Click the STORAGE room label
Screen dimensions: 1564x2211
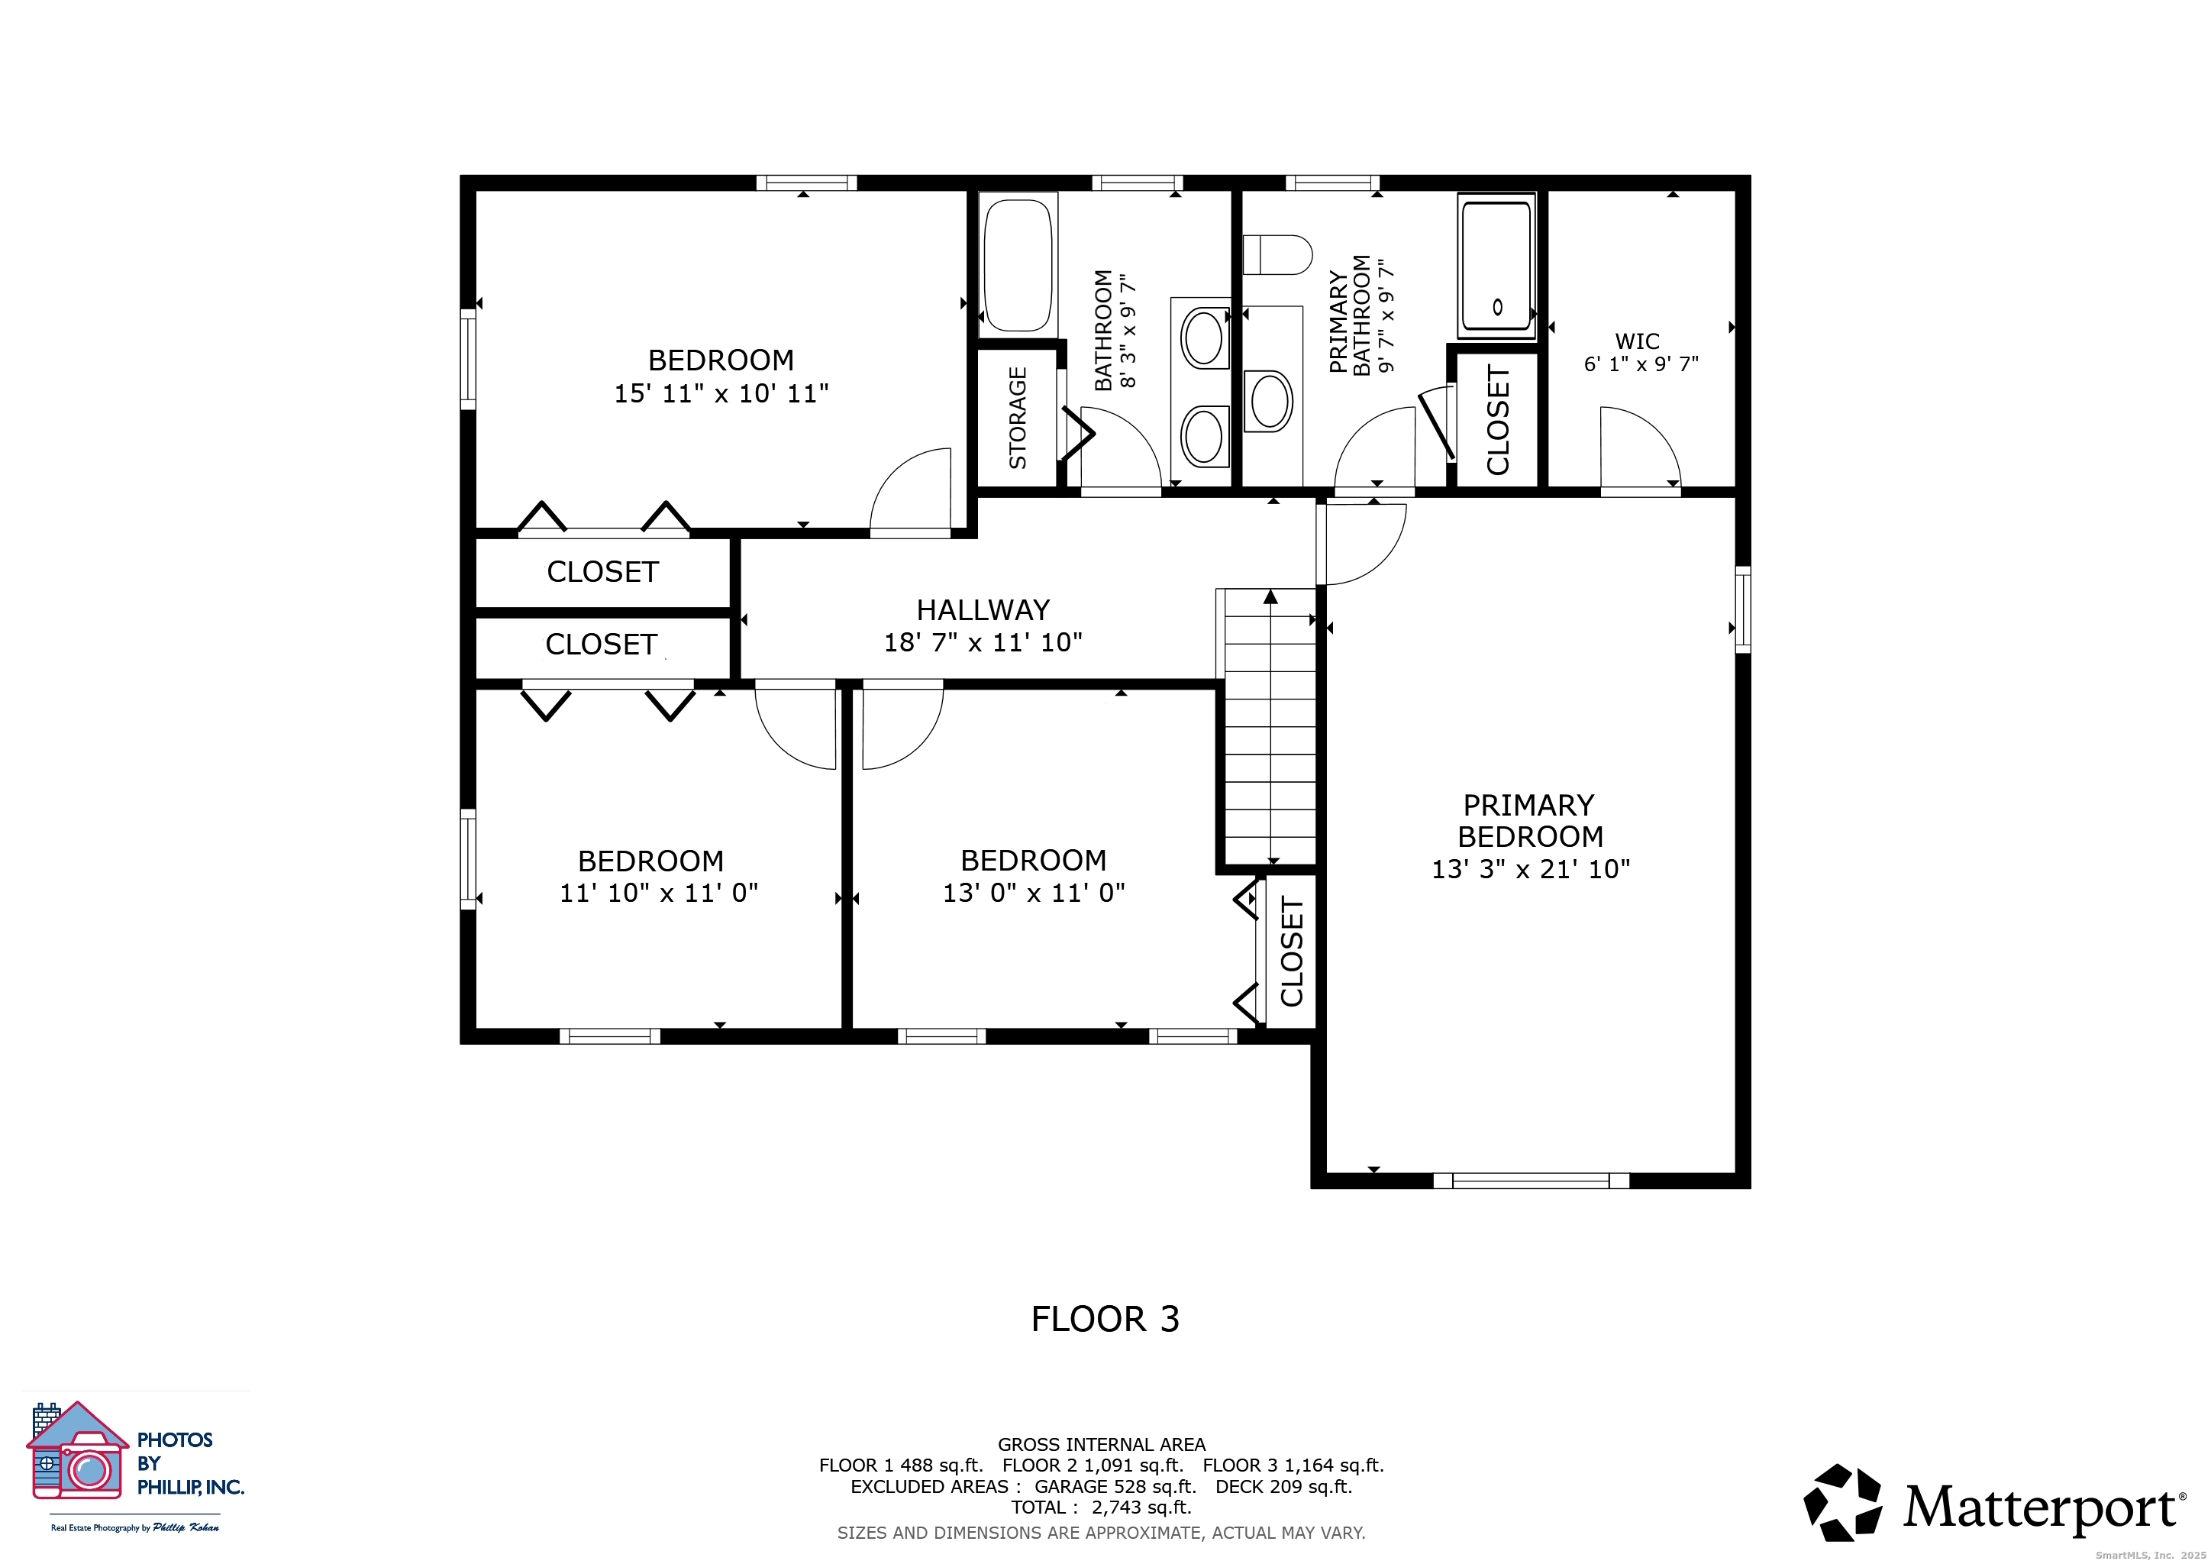[1017, 418]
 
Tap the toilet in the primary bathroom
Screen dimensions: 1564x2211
[1278, 255]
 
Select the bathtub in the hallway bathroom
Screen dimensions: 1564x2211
[1018, 265]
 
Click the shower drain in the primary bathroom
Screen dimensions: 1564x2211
[1497, 307]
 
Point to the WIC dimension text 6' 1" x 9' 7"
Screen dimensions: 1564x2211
[1641, 364]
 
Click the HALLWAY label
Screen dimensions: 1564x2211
[983, 609]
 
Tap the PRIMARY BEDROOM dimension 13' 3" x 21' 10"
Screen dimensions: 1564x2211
[1530, 868]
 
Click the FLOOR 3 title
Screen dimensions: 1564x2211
[1105, 1318]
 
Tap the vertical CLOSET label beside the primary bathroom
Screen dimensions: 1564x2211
[1497, 420]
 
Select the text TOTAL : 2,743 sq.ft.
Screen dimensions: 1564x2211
[1101, 1507]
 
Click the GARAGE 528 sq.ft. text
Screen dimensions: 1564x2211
[1115, 1486]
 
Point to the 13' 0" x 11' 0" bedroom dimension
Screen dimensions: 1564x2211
[1033, 893]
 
